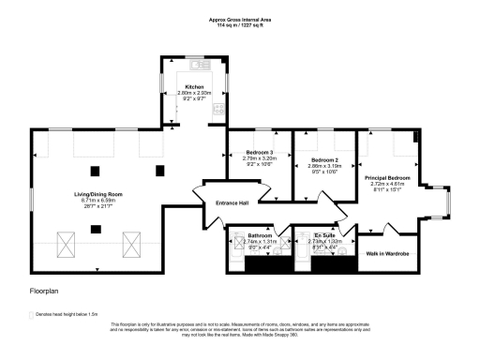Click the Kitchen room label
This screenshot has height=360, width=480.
[195, 86]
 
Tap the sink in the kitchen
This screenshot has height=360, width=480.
[199, 65]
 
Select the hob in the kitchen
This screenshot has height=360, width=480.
[220, 109]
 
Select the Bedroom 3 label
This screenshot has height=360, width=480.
[260, 153]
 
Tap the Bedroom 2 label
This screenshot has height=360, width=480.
[324, 160]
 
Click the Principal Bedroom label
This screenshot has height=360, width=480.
[387, 177]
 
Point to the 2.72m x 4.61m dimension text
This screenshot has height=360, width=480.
[387, 184]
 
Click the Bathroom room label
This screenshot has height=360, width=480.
[260, 235]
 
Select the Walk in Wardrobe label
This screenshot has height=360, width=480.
[387, 253]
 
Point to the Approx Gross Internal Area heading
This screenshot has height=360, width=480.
[239, 18]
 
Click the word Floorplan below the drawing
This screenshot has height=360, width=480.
[44, 292]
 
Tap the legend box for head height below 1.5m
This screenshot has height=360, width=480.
[33, 315]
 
